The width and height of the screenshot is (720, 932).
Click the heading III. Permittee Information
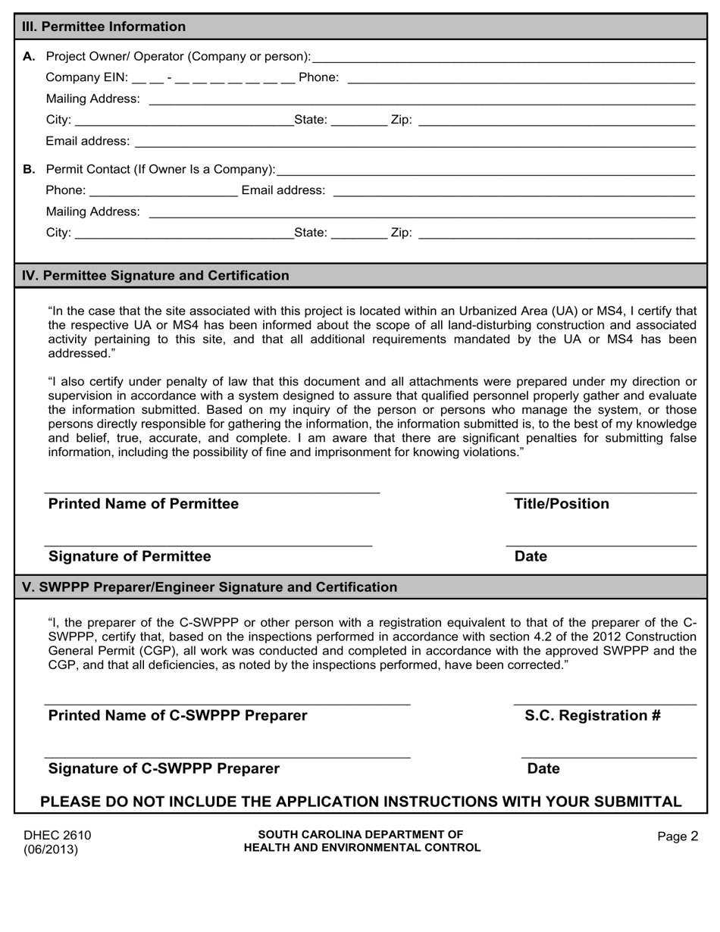[104, 27]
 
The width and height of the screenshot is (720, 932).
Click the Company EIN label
[87, 77]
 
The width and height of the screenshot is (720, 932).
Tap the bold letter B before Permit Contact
[29, 169]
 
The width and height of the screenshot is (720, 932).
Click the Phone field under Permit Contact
[163, 189]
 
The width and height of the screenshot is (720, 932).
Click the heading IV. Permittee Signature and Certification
[155, 276]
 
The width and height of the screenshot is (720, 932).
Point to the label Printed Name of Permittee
[143, 505]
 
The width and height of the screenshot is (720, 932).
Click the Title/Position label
[562, 505]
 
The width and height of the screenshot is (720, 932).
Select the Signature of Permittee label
[130, 557]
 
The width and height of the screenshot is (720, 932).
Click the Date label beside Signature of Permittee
[531, 557]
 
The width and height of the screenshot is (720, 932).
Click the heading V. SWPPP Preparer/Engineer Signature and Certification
[210, 587]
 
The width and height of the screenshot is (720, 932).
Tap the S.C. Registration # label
[593, 716]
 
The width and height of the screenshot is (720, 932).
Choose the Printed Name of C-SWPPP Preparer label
[177, 716]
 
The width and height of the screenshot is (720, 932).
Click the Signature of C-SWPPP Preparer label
[164, 769]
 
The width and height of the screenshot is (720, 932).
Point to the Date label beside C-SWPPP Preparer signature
[543, 769]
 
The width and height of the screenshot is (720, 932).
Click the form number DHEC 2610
[58, 836]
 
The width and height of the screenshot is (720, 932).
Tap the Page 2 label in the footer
[678, 837]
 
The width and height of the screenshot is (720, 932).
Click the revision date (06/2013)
[51, 849]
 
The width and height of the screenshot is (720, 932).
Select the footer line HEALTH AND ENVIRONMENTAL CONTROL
[362, 848]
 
